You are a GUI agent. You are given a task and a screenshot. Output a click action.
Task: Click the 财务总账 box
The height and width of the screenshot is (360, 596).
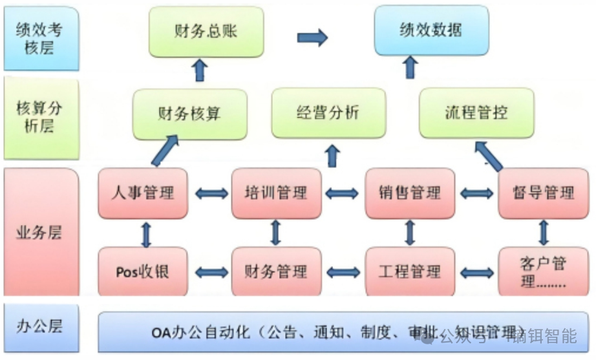206,30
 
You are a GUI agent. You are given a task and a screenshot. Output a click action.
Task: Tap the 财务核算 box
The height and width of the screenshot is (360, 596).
189,114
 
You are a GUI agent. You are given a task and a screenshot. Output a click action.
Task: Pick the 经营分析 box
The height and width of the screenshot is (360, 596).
328,113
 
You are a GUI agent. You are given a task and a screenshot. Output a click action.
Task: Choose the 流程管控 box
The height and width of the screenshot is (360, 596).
476,113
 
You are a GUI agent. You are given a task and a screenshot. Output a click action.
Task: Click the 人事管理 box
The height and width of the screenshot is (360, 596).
142,193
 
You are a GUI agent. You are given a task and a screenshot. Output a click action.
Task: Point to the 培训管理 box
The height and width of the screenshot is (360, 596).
276,193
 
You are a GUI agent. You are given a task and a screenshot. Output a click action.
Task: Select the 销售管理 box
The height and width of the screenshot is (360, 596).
410,193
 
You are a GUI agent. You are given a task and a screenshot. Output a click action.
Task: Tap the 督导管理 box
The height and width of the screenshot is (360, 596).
543,193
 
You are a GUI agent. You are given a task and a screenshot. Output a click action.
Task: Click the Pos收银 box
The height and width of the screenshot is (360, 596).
142,271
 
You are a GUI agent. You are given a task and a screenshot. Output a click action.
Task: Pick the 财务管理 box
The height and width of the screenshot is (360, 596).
276,271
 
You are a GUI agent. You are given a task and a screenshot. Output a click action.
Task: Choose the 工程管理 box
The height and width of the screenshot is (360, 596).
410,271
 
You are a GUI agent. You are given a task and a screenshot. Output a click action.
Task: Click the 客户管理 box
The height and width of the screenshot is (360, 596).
543,272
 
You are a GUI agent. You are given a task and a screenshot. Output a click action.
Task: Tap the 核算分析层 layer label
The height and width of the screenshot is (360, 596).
41,118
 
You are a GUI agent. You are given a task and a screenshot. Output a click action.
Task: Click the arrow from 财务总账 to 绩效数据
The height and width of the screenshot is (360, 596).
312,37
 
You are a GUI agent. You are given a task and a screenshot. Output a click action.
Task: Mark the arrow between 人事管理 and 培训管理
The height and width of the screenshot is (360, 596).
209,193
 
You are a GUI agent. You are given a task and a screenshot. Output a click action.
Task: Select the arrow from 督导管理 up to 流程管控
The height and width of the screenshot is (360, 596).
489,156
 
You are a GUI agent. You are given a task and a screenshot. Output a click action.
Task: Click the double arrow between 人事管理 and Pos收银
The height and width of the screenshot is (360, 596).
146,233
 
